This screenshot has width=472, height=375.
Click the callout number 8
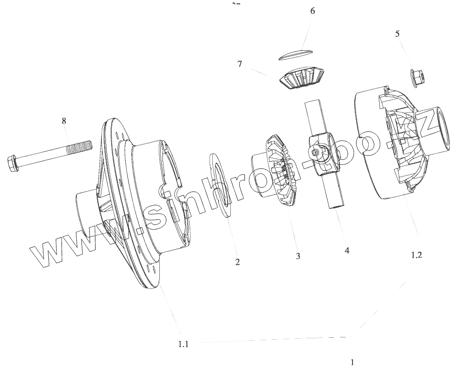pos(64,120)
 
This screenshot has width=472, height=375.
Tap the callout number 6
pos(312,11)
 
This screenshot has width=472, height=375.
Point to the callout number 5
pos(397,34)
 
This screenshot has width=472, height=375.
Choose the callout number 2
pos(237,262)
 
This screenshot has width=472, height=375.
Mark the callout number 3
pos(298,256)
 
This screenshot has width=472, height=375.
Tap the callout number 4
pos(347,250)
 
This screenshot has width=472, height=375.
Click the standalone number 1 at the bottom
pos(352,362)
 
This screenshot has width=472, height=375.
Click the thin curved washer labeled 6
pos(295,53)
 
